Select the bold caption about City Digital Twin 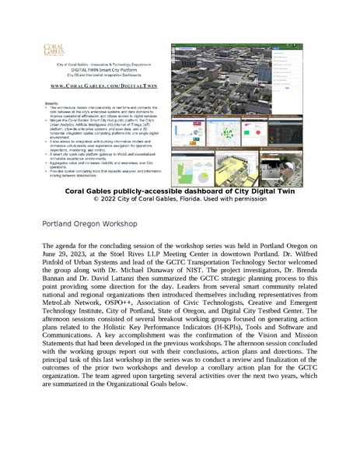(180, 191)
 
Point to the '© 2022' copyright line (180, 199)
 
